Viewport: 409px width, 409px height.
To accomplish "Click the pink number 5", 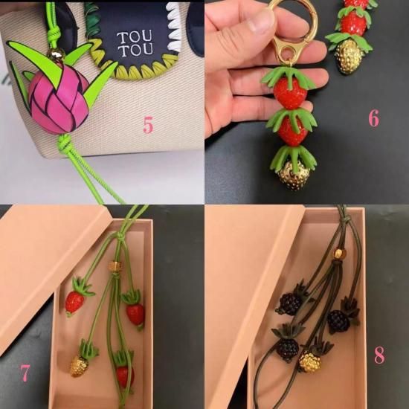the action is pyautogui.click(x=148, y=125).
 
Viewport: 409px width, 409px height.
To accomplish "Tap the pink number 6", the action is pyautogui.click(x=373, y=118).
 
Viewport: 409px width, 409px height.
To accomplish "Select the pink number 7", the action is pyautogui.click(x=25, y=373).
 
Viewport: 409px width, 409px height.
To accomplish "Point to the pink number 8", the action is pyautogui.click(x=379, y=355).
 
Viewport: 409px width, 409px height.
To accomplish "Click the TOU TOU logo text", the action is pyautogui.click(x=135, y=44).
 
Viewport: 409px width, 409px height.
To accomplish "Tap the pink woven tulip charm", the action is pyautogui.click(x=59, y=99).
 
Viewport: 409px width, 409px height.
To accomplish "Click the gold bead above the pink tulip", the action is pyautogui.click(x=56, y=54).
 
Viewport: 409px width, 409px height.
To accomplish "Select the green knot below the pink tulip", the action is pyautogui.click(x=64, y=143).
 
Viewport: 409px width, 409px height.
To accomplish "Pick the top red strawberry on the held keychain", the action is pyautogui.click(x=290, y=94).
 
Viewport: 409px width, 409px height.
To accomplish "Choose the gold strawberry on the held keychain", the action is pyautogui.click(x=294, y=175).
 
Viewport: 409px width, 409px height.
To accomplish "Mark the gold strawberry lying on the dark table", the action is pyautogui.click(x=348, y=57).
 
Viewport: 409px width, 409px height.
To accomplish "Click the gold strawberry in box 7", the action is pyautogui.click(x=79, y=366).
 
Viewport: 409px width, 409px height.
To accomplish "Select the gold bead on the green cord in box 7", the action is pyautogui.click(x=115, y=265).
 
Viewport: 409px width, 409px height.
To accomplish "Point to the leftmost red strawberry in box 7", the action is pyautogui.click(x=74, y=302).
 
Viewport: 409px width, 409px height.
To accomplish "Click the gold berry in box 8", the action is pyautogui.click(x=310, y=362).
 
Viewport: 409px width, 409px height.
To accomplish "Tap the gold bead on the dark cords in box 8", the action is pyautogui.click(x=339, y=254).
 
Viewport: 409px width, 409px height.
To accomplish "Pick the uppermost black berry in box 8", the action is pyautogui.click(x=289, y=303).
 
